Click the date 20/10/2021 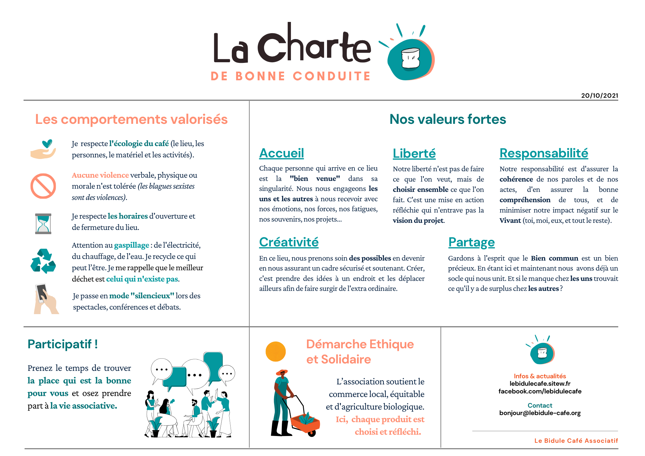tap(600, 95)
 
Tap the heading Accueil tap(282, 153)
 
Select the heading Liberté tap(414, 154)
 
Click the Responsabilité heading tap(544, 153)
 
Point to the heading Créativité tap(289, 242)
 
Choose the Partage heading tap(471, 242)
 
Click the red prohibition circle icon tap(43, 186)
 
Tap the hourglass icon tap(43, 223)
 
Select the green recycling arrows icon tap(43, 261)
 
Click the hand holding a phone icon tap(45, 299)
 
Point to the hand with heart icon tap(44, 149)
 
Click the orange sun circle tap(275, 352)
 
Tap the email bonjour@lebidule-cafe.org tap(540, 413)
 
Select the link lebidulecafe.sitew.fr tap(540, 384)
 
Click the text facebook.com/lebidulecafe tap(540, 392)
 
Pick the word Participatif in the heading tap(60, 344)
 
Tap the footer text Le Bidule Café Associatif tap(576, 441)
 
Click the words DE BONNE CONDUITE tap(291, 76)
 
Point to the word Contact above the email tap(540, 405)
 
